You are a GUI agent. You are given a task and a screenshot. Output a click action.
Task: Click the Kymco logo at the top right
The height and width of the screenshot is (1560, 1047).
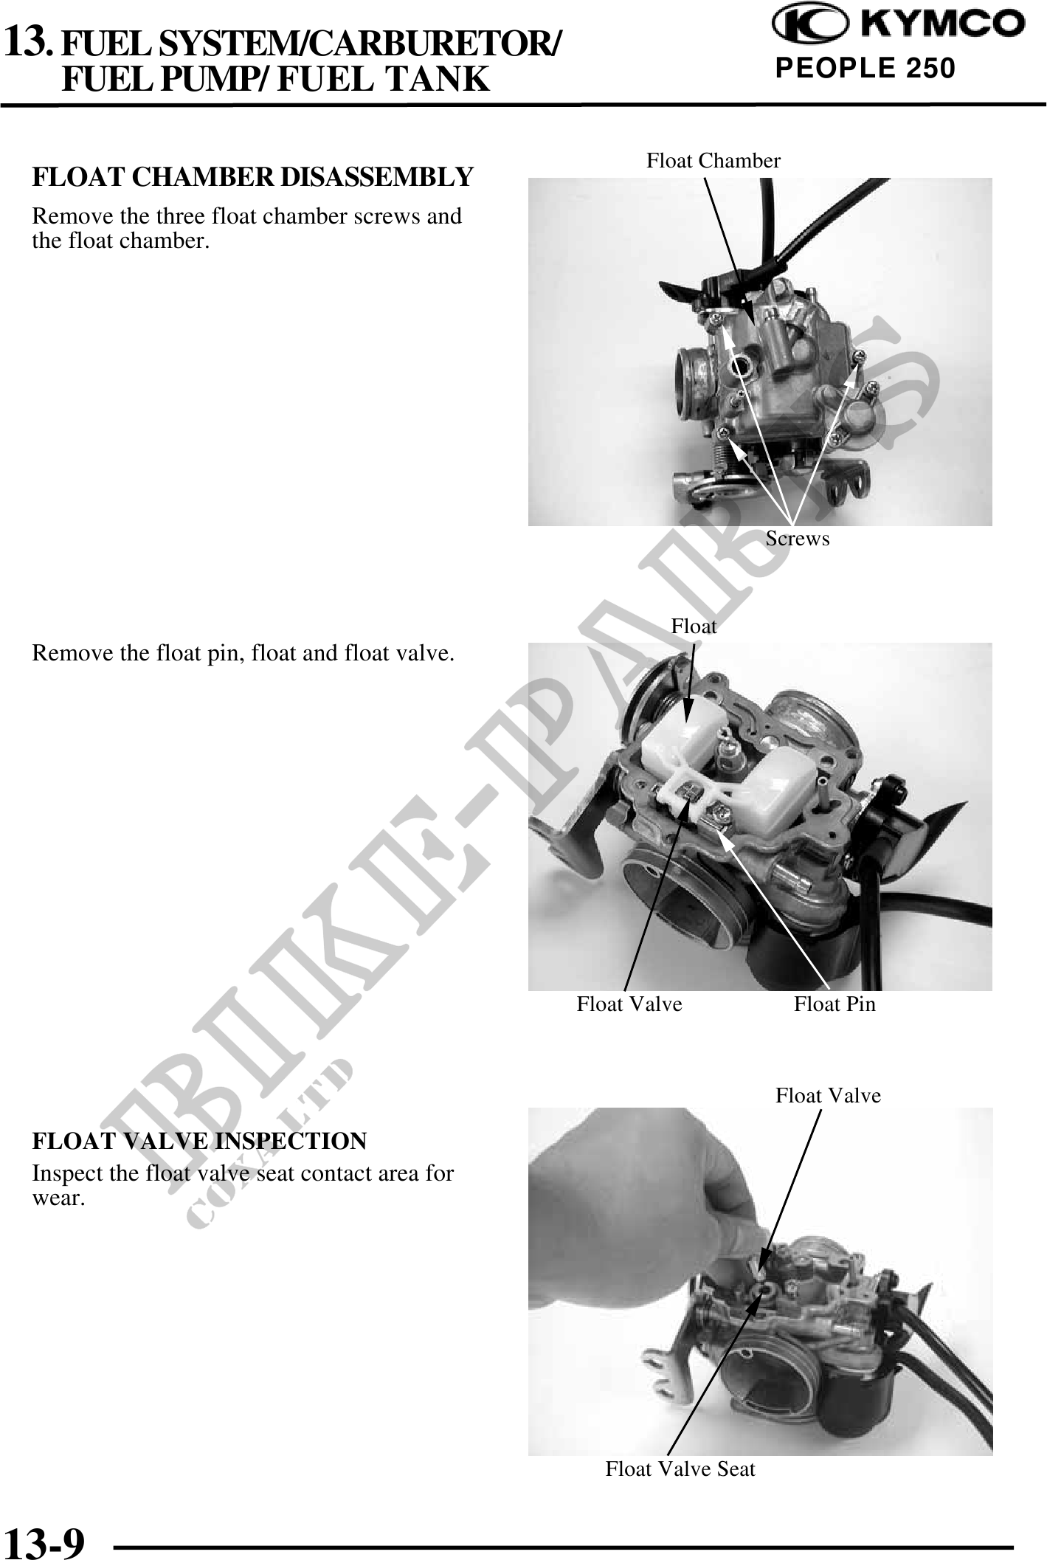click(898, 24)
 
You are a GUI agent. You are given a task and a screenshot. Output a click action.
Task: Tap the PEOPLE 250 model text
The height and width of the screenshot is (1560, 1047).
click(865, 69)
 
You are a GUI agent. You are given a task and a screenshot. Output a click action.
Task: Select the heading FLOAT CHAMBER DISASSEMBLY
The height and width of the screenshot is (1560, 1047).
click(252, 177)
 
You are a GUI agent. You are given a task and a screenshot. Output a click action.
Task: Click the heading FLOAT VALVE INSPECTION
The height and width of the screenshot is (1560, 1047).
click(199, 1141)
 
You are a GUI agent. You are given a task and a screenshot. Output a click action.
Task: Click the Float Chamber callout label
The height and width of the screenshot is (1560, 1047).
click(713, 161)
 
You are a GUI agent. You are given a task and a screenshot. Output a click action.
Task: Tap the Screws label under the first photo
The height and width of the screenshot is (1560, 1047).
click(798, 539)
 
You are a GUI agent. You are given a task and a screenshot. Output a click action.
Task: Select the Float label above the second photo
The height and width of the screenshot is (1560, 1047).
click(694, 627)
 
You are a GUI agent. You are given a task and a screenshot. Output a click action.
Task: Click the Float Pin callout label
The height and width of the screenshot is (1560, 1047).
click(835, 1004)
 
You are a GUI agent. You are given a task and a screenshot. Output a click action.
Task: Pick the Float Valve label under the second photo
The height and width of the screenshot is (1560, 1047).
click(629, 1004)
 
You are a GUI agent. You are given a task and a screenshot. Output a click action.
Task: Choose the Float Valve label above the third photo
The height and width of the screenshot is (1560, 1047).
click(828, 1096)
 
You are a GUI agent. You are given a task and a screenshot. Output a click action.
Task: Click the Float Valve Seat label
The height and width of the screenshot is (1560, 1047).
click(680, 1469)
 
